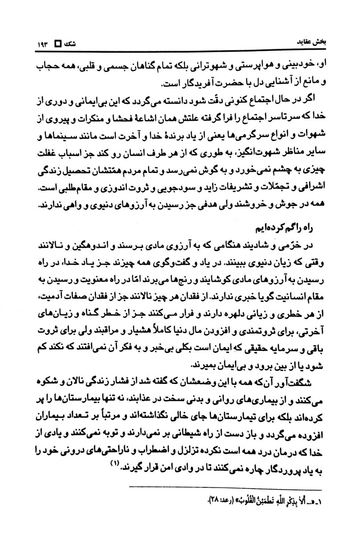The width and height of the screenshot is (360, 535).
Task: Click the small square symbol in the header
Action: click(57, 44)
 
